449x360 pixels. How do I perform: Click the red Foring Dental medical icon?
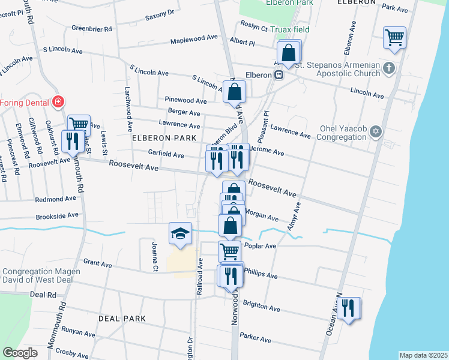pos(58,102)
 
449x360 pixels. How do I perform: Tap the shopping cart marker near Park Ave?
pos(394,37)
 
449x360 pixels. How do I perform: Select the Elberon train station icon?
pos(279,75)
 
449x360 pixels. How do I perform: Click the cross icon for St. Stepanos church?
pos(389,68)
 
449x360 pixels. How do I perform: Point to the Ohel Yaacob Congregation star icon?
pos(376,131)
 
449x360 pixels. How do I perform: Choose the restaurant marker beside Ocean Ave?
pos(348,308)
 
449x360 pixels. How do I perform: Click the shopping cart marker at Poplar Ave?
pos(229,250)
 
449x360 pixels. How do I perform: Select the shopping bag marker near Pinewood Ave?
pos(235,92)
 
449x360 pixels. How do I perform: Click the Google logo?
pos(20,353)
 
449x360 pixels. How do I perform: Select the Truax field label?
pos(289,29)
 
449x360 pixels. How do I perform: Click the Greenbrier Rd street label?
pos(92,28)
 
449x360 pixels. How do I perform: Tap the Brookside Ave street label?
pos(57,215)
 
